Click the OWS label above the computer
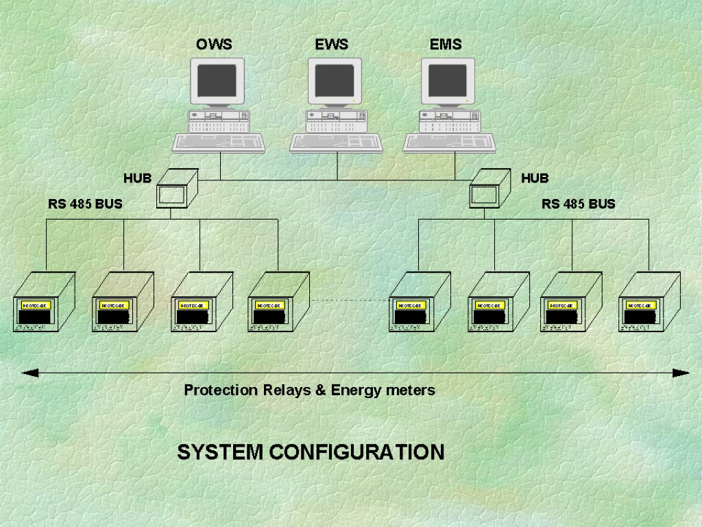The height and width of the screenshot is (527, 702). tap(214, 45)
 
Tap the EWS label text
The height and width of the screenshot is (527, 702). tap(332, 45)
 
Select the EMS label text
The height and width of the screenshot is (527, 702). tap(446, 45)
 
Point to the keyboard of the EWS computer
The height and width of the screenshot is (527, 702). tap(336, 142)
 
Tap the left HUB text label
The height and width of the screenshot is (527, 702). tap(137, 178)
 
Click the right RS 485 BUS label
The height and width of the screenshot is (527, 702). tap(578, 204)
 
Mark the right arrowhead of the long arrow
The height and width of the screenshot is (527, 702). tap(681, 373)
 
